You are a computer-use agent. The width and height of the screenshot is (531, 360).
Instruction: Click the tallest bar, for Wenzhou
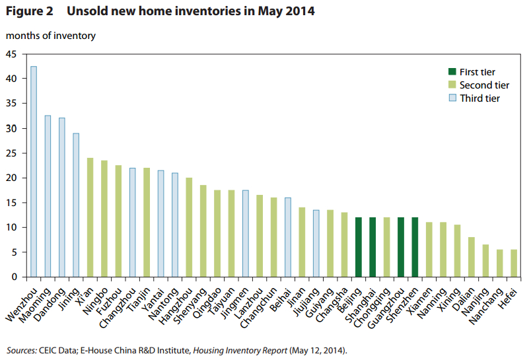coord(34,172)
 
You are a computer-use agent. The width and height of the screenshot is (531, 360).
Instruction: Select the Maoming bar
coord(48,196)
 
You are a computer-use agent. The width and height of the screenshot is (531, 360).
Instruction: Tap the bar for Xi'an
coord(90,217)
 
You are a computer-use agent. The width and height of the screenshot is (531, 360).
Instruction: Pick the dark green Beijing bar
coord(359,247)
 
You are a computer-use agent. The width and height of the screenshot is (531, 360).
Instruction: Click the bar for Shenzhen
coord(415,247)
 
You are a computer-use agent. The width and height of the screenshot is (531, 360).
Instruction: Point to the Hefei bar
coord(514,263)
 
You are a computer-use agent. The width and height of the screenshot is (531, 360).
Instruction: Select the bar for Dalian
coord(472,257)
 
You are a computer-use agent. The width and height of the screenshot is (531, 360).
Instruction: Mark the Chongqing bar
coord(387,247)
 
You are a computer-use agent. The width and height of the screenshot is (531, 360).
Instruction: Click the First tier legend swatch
coord(452,71)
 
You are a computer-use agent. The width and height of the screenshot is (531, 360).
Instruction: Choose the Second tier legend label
coord(484,85)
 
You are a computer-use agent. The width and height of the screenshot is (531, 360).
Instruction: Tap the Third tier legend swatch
coord(452,98)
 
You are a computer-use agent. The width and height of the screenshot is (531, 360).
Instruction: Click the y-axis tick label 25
coord(11,153)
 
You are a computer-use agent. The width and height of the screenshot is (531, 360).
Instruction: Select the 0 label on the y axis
coord(15,277)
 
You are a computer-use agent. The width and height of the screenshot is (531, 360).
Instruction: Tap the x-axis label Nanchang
coord(486,306)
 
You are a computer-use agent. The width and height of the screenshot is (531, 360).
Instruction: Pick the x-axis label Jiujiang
coord(306,302)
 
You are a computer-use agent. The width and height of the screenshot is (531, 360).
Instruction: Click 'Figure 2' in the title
coord(30,11)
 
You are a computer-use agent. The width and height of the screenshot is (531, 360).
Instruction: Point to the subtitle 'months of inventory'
coord(51,36)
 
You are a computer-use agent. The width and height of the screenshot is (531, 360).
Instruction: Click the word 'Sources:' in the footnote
coord(22,350)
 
